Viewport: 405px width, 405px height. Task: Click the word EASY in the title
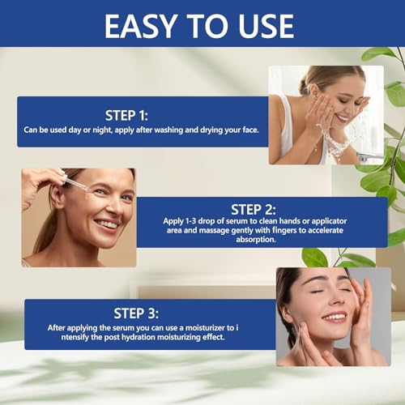[x=141, y=26]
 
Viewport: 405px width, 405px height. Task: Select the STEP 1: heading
[x=126, y=116]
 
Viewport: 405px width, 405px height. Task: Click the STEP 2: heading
[x=254, y=209]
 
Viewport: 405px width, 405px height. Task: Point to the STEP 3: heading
[x=136, y=313]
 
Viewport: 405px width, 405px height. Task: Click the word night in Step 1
[x=102, y=130]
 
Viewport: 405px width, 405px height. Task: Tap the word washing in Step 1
[x=168, y=130]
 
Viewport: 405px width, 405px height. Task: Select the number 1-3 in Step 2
[x=190, y=221]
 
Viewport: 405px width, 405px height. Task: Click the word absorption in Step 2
[x=255, y=240]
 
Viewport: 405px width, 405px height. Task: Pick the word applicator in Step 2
[x=329, y=221]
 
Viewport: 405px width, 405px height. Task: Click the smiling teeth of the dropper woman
[x=108, y=224]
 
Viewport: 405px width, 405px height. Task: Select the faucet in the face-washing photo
[x=369, y=156]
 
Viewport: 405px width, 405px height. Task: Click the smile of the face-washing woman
[x=342, y=117]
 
